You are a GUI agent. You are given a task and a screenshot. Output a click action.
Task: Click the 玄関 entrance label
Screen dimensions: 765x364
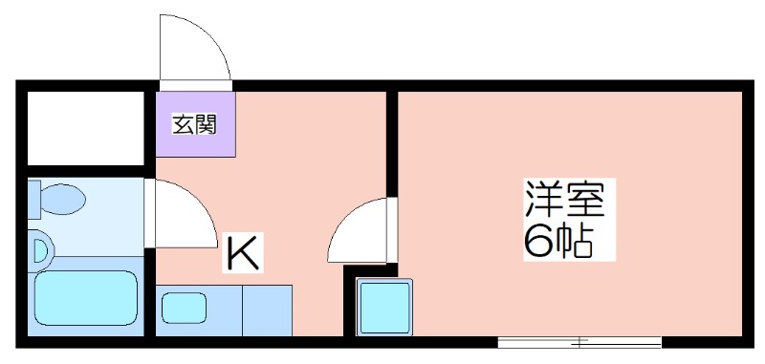pos(194,126)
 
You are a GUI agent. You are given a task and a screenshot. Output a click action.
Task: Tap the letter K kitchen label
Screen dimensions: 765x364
pos(243,253)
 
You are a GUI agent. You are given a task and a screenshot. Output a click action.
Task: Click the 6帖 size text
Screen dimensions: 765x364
pos(559,241)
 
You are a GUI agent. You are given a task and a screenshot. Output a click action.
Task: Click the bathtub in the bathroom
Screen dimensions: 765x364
pos(86,298)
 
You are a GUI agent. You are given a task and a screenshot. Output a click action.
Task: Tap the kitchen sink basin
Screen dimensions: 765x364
pos(184,308)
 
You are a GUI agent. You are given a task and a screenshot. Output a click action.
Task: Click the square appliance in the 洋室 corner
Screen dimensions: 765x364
pos(384,307)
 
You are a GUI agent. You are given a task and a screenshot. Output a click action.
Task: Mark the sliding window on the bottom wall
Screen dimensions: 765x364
pos(579,343)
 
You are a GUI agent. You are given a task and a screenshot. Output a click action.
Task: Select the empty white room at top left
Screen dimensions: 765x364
pos(85,128)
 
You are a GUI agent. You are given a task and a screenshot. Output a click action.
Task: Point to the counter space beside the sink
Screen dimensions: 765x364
pos(268,310)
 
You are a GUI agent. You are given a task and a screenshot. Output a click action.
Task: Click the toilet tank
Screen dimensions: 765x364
pos(34,199)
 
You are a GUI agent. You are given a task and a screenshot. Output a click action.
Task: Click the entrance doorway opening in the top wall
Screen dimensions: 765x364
pos(196,86)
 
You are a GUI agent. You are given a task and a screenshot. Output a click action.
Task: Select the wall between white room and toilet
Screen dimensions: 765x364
pos(86,171)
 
